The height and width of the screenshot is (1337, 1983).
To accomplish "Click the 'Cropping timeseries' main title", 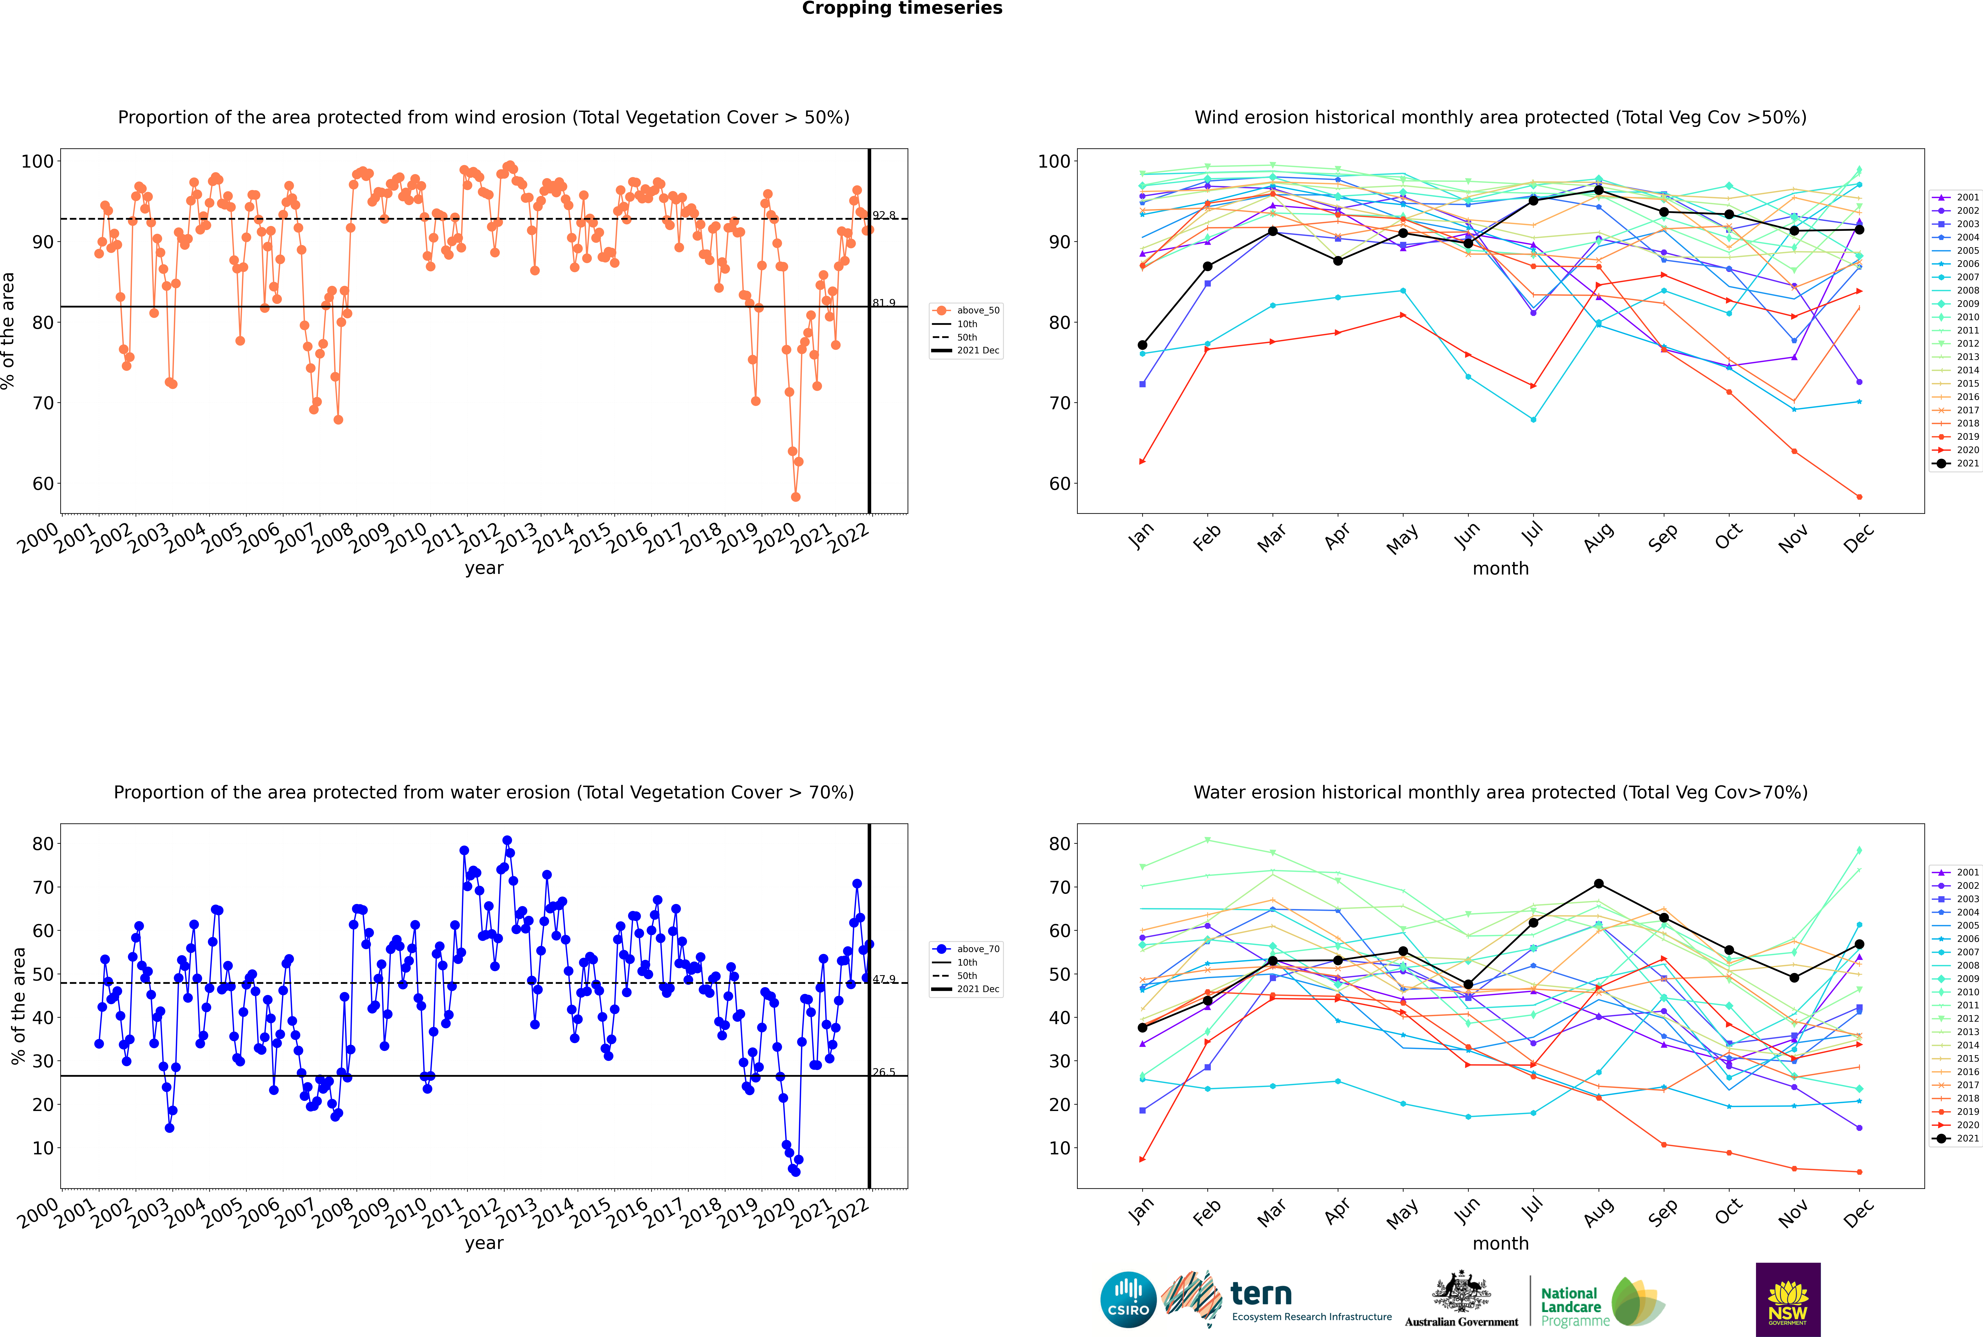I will click(x=902, y=8).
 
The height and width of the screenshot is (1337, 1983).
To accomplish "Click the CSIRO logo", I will click(x=1128, y=1300).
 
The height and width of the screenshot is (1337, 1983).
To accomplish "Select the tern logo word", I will click(x=1261, y=1294).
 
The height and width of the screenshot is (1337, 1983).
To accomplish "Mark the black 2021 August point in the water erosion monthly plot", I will click(x=1599, y=883).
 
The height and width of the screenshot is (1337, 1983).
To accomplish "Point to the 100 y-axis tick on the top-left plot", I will click(x=37, y=161).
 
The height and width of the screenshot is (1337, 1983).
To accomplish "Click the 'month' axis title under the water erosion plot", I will click(x=1500, y=1243).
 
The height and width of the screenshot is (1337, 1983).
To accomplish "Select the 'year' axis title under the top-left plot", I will click(x=483, y=568).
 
